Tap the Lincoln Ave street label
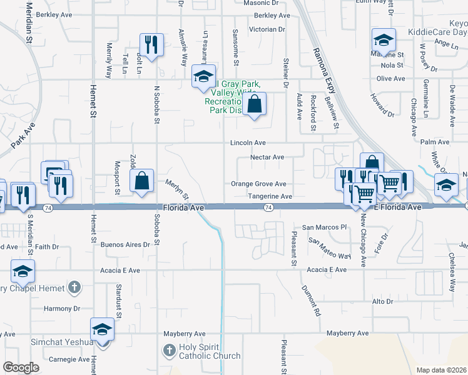(248, 143)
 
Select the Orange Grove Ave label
(258, 184)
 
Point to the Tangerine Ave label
(270, 196)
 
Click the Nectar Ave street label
(267, 157)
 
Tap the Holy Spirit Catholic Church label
(210, 352)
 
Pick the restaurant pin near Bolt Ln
(151, 44)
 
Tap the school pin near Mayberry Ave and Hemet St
(102, 329)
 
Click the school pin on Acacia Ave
(22, 271)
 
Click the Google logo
(21, 367)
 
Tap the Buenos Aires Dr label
(125, 245)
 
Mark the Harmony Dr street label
(62, 309)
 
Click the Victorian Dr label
(267, 29)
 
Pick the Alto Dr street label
(382, 301)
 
